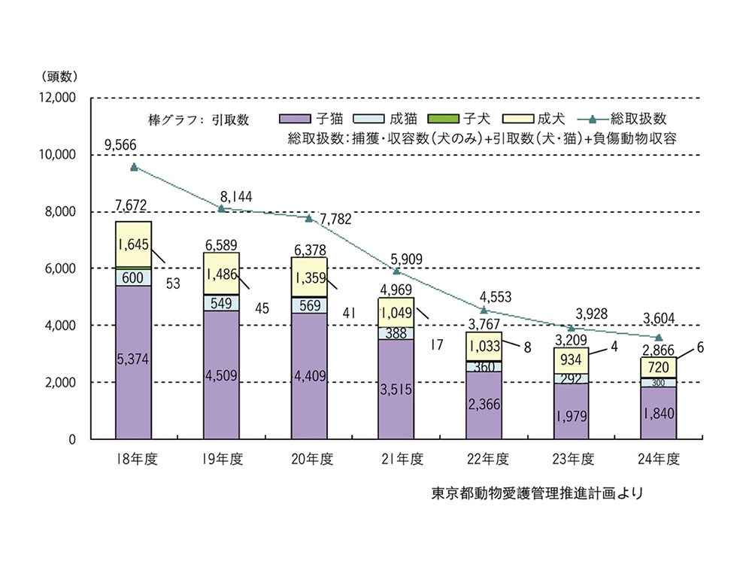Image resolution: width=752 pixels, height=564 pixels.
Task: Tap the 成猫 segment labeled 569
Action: click(309, 305)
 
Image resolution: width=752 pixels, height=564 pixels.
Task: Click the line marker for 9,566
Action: click(134, 167)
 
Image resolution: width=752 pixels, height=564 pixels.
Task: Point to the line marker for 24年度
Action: click(659, 338)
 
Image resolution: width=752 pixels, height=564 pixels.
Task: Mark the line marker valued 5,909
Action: click(396, 271)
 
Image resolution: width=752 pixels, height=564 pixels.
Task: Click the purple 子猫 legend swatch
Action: click(295, 119)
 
